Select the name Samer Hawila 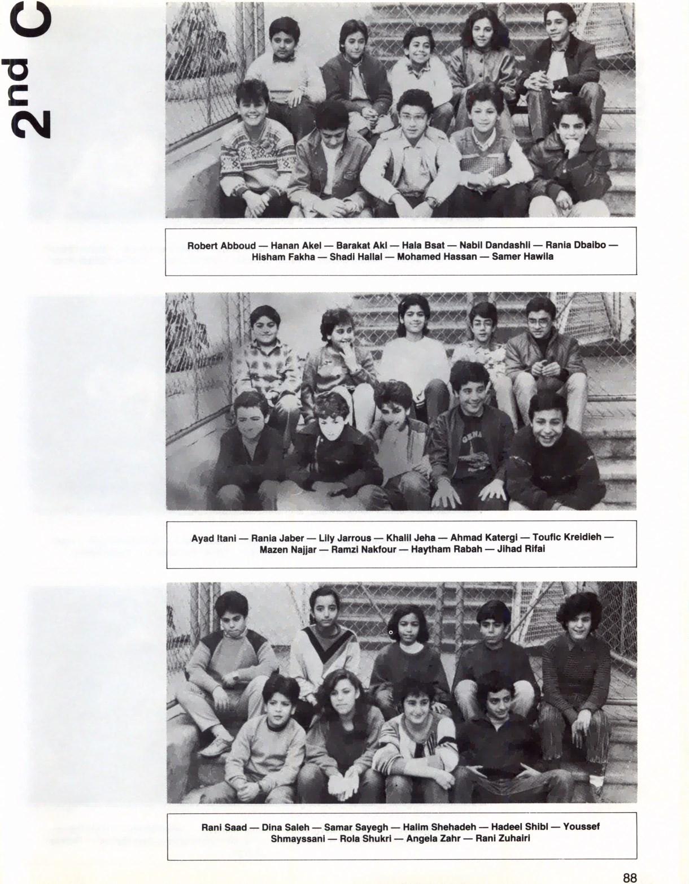(522, 256)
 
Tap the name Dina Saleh (285, 827)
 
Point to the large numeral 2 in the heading (31, 122)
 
